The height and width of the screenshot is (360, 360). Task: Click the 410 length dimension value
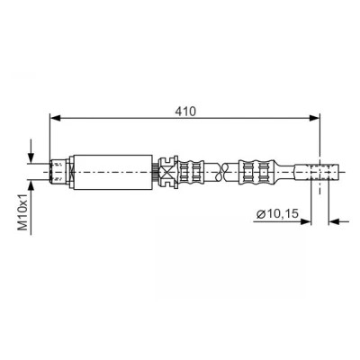(185, 111)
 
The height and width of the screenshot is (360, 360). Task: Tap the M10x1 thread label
(23, 211)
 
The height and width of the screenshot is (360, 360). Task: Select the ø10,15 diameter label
(278, 213)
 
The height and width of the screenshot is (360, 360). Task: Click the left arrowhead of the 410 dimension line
(55, 118)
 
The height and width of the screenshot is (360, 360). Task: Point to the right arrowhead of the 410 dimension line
(315, 118)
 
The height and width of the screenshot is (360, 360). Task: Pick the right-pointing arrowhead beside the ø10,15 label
(306, 221)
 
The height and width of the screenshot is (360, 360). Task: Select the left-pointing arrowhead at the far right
(334, 221)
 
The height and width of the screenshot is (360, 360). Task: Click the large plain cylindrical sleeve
(112, 172)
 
